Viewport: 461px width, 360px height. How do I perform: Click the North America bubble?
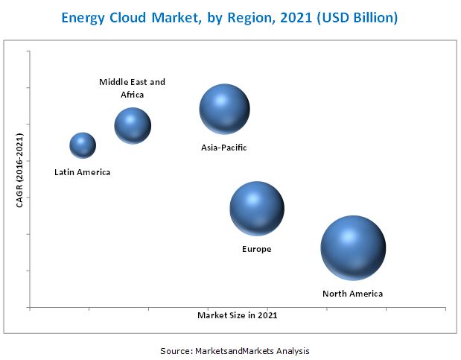click(x=353, y=248)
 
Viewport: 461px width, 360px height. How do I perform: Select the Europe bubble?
click(x=256, y=208)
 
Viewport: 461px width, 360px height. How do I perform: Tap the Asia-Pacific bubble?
click(x=224, y=109)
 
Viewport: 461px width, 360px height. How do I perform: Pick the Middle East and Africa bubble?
click(x=133, y=125)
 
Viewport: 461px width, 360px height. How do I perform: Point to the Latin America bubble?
click(x=83, y=145)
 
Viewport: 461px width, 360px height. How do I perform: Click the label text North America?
click(x=352, y=294)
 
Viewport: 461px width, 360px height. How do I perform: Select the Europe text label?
click(x=256, y=249)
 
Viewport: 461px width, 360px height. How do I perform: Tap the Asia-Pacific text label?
click(x=223, y=148)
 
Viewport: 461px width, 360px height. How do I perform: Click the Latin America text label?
click(x=82, y=172)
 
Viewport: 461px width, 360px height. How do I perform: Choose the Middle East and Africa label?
click(x=133, y=88)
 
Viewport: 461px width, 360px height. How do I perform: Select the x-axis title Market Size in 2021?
click(x=237, y=315)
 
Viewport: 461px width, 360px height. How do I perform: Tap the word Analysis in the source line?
click(x=292, y=350)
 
